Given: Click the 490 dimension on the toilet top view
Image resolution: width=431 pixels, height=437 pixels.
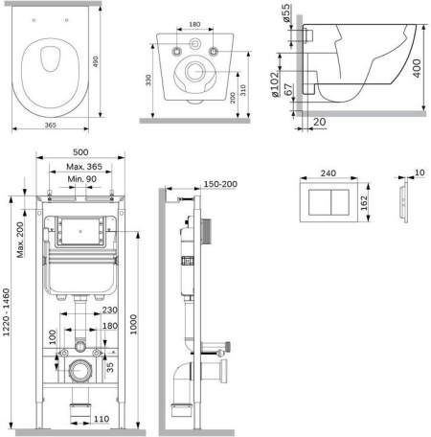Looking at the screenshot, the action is (96, 61).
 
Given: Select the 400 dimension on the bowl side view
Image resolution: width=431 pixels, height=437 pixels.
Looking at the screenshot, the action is (417, 68).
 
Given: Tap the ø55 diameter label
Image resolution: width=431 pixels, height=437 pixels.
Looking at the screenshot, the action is (286, 13).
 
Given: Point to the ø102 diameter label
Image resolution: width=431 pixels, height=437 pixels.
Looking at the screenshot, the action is (275, 84).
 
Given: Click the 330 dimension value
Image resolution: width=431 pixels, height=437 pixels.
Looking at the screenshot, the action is (148, 80).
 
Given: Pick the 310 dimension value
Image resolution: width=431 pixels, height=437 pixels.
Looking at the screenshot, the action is (243, 90).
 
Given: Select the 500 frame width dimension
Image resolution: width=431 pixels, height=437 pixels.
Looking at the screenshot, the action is (80, 152).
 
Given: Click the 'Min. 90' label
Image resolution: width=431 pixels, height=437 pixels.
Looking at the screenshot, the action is (82, 179).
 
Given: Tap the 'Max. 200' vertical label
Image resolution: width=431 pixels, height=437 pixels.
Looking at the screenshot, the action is (20, 240).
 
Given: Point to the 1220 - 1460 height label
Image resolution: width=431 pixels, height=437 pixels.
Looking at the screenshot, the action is (7, 312).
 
